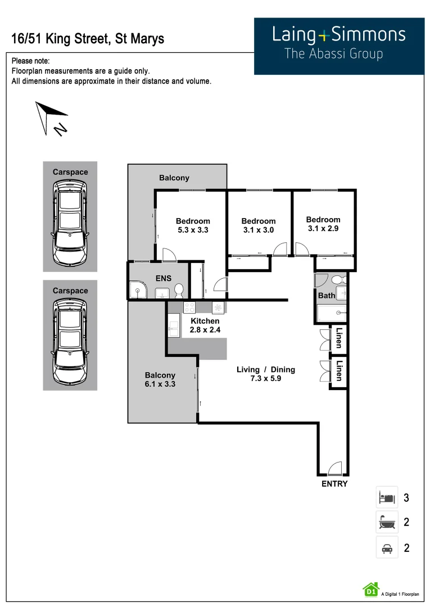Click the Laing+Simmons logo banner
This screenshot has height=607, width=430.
pos(339,46)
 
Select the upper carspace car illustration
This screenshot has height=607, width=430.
pos(70,223)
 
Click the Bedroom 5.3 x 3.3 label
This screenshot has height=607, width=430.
pos(193,225)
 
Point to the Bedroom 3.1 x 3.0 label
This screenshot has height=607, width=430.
pos(259,225)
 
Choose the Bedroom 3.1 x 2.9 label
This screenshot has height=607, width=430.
pos(323,224)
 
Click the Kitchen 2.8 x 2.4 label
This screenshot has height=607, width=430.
pos(205,325)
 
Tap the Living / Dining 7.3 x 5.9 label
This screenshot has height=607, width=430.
pos(266,374)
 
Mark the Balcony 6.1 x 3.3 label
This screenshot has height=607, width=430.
pos(160,379)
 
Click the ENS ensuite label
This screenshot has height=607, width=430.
pos(164,278)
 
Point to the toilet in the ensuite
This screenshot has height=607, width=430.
pos(179,291)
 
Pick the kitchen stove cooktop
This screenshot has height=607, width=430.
pos(189,307)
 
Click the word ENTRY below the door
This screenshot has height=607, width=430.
pos(334,484)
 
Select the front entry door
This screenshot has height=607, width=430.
pos(334,468)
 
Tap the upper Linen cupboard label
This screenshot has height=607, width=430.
pos(338,339)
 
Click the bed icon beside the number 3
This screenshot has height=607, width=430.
pos(387,497)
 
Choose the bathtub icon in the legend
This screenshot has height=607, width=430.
pos(387,522)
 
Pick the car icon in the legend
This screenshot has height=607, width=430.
pos(387,547)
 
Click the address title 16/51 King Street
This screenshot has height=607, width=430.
pos(88,39)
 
